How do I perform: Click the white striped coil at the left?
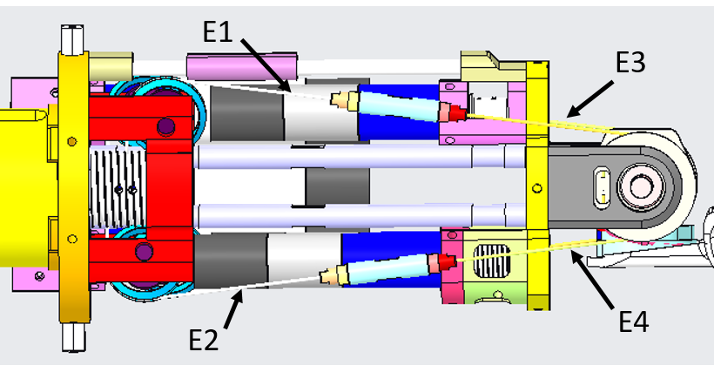point(118,186)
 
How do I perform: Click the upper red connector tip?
point(452,112)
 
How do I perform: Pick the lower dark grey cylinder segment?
point(232,260)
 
